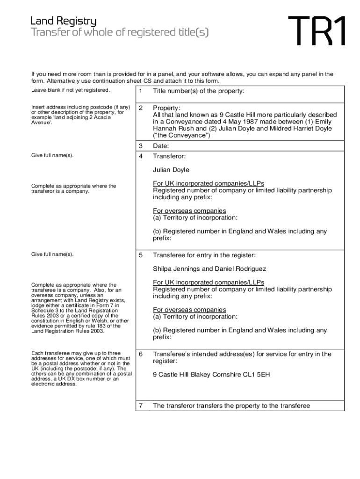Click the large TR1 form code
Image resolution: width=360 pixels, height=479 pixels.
(317, 31)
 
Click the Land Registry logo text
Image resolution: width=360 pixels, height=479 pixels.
(64, 21)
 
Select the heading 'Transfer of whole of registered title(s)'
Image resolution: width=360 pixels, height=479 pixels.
(119, 33)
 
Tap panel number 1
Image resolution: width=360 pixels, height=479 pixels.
(140, 92)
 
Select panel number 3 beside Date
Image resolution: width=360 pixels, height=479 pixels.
(140, 146)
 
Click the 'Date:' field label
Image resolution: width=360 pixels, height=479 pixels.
(161, 146)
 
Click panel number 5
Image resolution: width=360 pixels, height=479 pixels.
(140, 255)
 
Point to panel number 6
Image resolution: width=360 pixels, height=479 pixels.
(140, 354)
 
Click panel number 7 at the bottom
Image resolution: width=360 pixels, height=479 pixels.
(140, 406)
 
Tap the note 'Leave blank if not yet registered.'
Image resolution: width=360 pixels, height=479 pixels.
(71, 90)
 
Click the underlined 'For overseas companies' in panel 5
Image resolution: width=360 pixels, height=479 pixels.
(189, 310)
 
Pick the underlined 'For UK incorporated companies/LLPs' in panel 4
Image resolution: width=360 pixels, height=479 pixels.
(209, 183)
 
